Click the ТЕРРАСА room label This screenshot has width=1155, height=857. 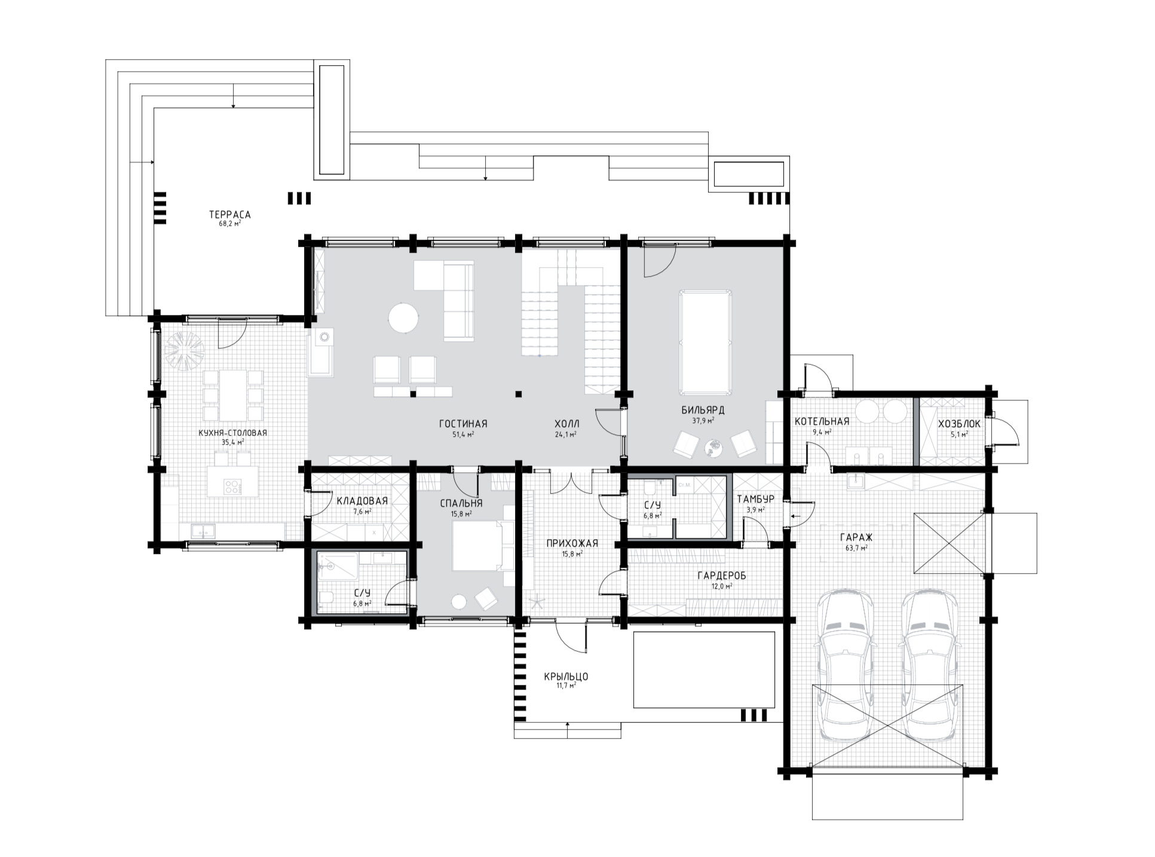pos(229,215)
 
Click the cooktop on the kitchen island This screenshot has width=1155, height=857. pos(231,486)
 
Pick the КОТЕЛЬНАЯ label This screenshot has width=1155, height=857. pos(822,421)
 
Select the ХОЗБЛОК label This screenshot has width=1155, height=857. pos(959,424)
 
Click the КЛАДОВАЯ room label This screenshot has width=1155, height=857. pos(362,501)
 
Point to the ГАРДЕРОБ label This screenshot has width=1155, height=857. pos(722,576)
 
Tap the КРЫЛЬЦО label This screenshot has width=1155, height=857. pos(566,677)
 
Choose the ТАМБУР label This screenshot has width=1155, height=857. pos(755,499)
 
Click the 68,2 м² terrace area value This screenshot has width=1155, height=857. pos(229,224)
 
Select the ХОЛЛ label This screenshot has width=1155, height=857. pos(566,424)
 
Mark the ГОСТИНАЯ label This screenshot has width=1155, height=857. pos(463,424)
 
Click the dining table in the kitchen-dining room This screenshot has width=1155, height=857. pos(233,396)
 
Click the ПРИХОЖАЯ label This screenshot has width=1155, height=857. pos(572,543)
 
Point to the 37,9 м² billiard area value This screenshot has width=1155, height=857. pos(703,420)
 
